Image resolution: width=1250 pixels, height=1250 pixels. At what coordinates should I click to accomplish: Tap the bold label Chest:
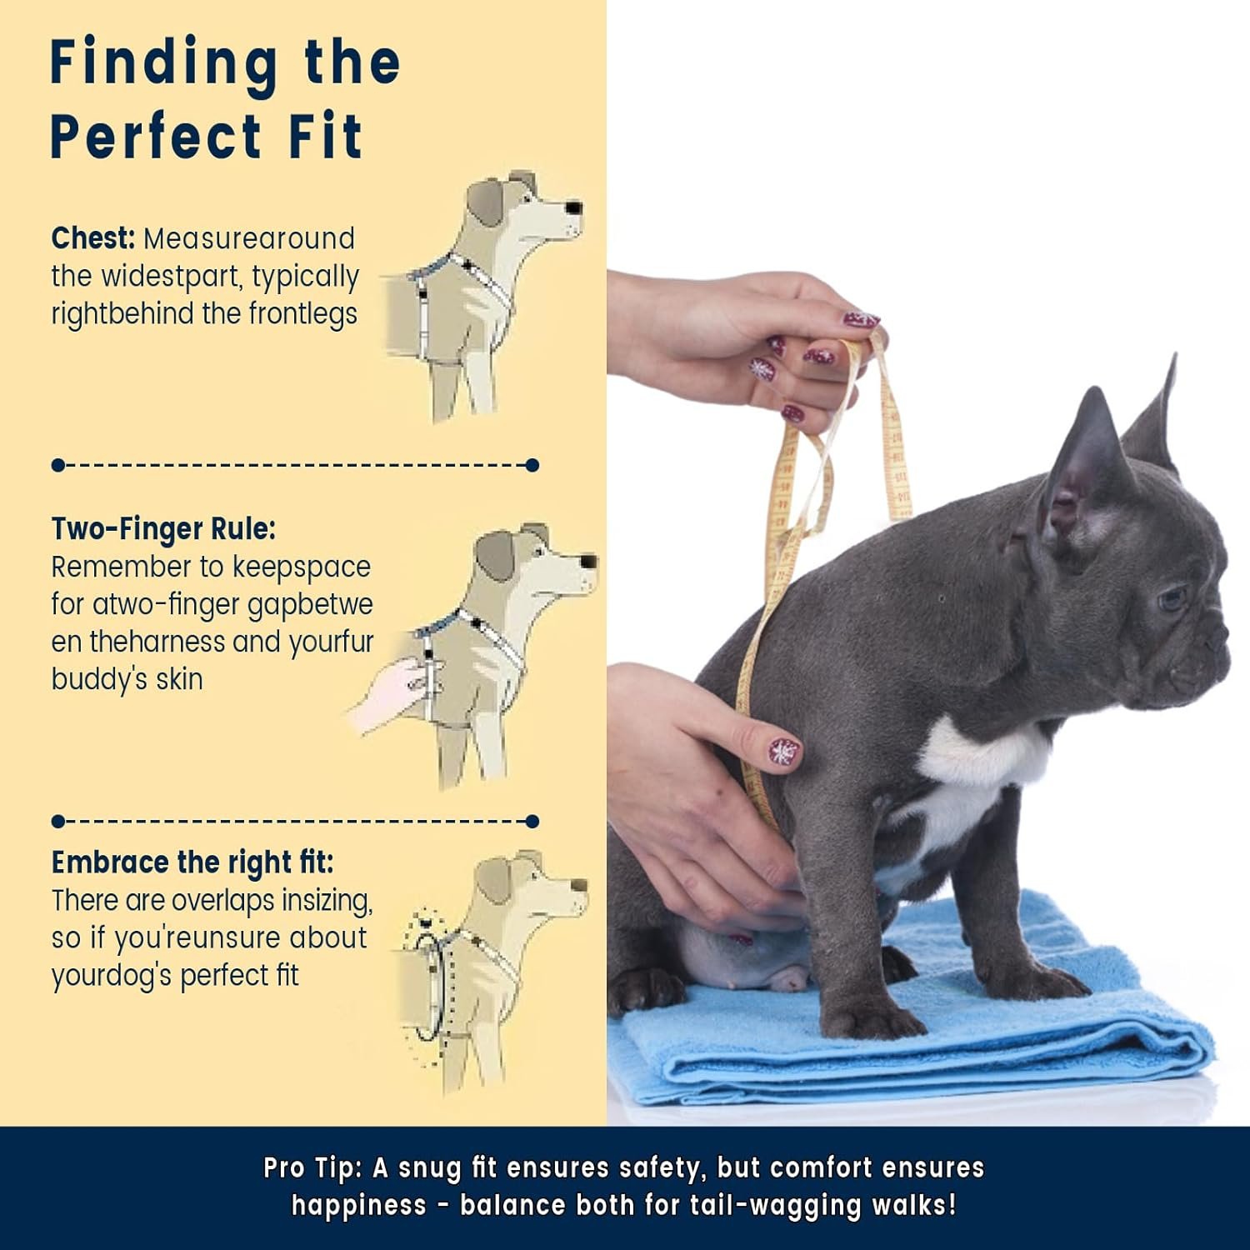click(x=92, y=238)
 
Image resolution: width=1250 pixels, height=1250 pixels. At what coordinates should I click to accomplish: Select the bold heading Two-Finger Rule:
click(x=163, y=529)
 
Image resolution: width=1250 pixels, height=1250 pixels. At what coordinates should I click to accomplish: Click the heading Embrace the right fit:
click(x=192, y=862)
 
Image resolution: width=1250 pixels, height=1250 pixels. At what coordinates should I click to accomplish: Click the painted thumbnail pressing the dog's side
click(x=783, y=751)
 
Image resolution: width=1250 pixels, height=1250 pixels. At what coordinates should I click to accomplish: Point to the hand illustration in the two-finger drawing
click(x=388, y=693)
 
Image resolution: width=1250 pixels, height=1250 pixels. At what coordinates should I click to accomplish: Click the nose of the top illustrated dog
click(x=573, y=207)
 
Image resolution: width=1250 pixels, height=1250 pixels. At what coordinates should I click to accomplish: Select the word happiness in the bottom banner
click(x=358, y=1206)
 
